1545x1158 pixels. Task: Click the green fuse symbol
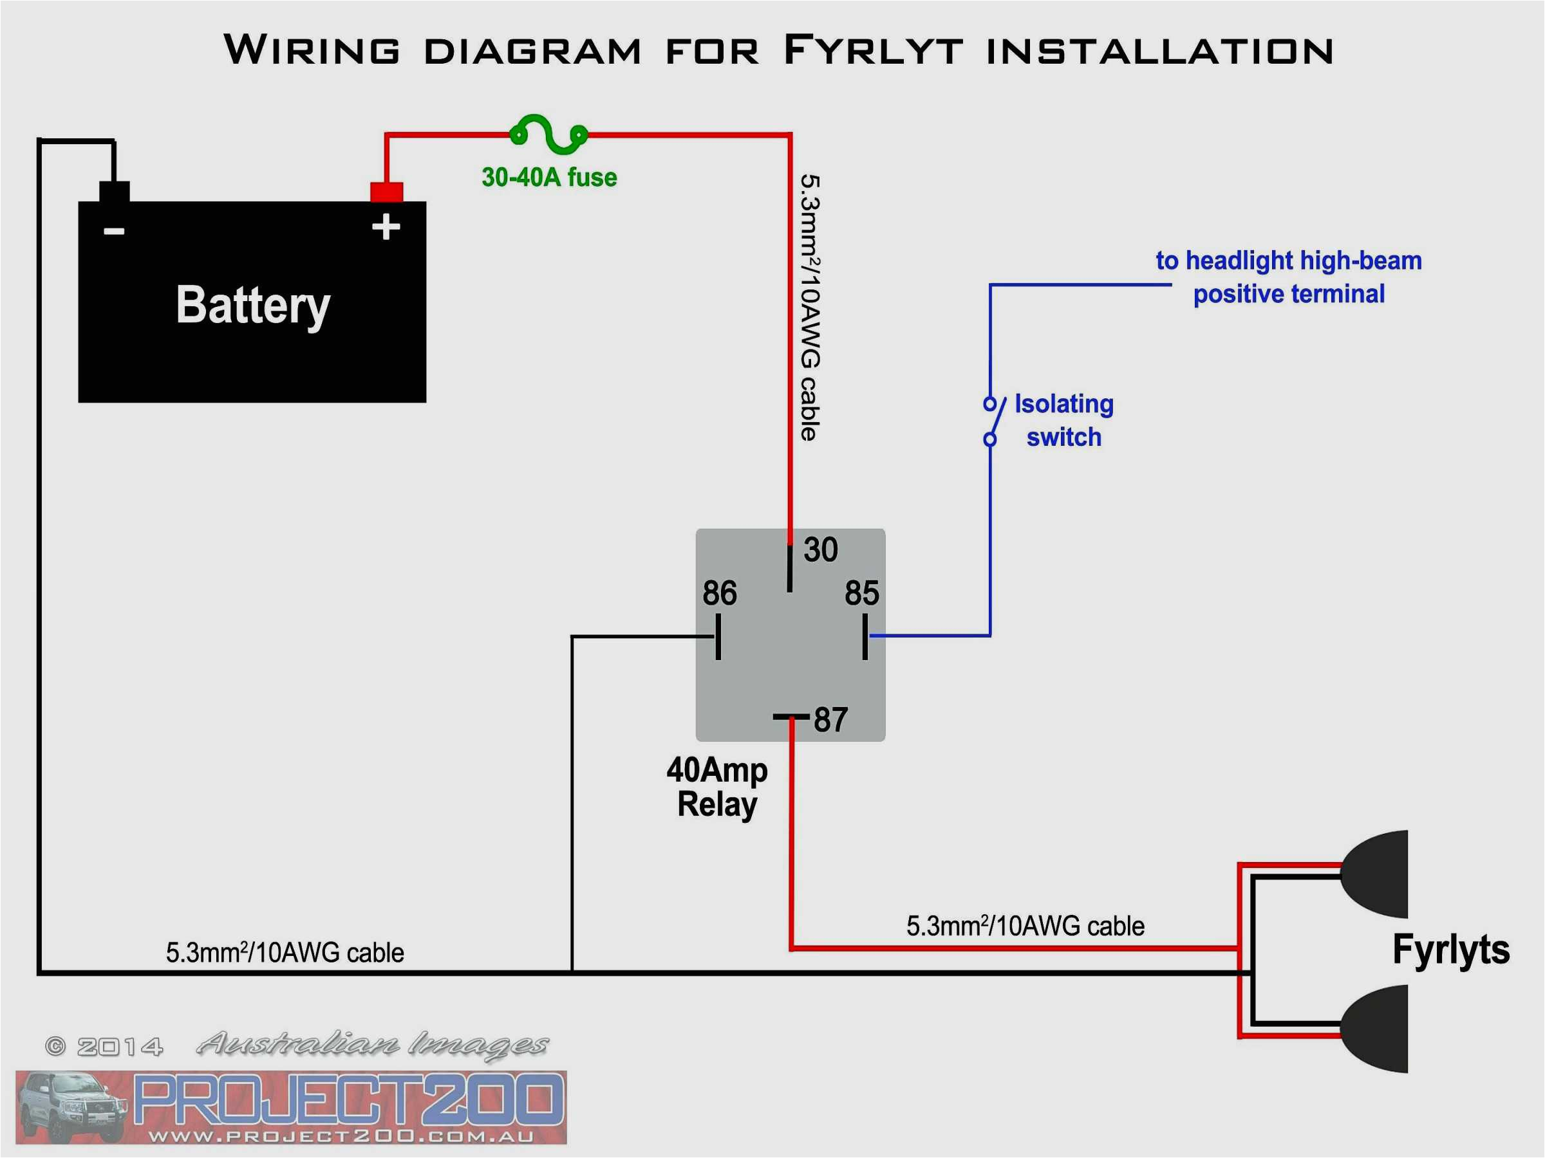click(x=549, y=134)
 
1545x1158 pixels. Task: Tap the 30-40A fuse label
click(x=549, y=178)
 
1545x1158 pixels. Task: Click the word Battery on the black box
click(x=253, y=306)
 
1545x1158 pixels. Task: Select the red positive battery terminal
click(x=386, y=192)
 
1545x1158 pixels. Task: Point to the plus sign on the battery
click(x=386, y=228)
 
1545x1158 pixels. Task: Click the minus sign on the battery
click(x=114, y=231)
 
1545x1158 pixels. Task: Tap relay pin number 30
click(x=820, y=550)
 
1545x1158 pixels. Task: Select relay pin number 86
click(x=720, y=593)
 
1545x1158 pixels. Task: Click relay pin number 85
click(x=861, y=593)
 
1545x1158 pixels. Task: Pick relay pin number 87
click(x=830, y=720)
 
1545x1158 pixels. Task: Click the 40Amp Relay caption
click(x=716, y=787)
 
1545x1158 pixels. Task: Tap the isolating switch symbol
click(x=993, y=421)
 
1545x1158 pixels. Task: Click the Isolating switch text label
click(x=1063, y=421)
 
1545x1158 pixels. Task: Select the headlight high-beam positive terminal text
click(x=1289, y=277)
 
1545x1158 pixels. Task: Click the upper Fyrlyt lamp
click(x=1376, y=874)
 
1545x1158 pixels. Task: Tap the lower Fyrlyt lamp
click(x=1376, y=1029)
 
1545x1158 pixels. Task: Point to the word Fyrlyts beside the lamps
click(x=1451, y=950)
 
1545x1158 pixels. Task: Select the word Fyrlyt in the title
click(x=873, y=51)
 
